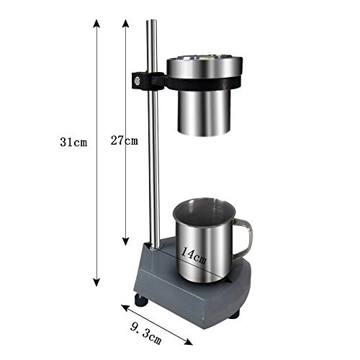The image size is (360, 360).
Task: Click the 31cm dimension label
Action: point(73,142)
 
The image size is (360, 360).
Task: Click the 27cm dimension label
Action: point(125,140)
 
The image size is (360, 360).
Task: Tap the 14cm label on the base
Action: point(194,256)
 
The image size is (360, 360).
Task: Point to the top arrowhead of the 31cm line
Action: point(96,23)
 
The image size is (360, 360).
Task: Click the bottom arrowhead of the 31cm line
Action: point(96,282)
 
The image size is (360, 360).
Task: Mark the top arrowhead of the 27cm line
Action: point(126,23)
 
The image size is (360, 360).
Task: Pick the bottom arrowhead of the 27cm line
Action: point(126,241)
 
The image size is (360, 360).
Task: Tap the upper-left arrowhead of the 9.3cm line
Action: point(125,307)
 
